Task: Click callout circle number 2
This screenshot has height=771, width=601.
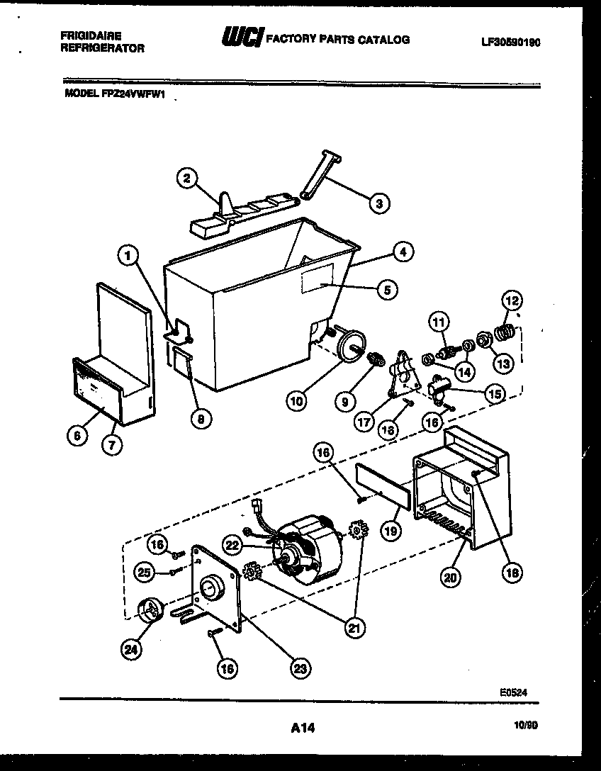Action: pos(187,179)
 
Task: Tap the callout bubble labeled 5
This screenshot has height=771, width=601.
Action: pos(386,288)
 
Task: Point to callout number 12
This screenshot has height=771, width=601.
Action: pos(511,300)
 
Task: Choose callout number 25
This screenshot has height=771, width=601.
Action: pos(145,571)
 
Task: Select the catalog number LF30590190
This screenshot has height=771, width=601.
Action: pos(510,42)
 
